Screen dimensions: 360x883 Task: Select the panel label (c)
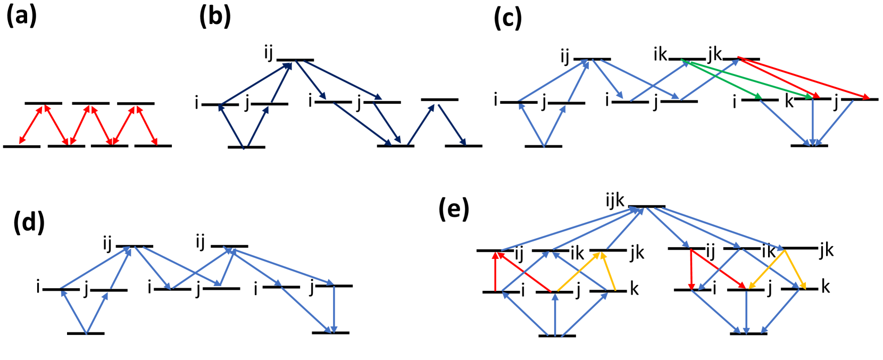[x=507, y=19]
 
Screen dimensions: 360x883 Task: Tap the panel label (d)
[x=29, y=222]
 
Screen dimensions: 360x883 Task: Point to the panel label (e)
[x=453, y=209]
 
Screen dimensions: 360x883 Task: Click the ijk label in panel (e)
[x=615, y=200]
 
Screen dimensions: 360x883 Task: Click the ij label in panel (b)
[x=269, y=53]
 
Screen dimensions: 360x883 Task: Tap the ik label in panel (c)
[x=660, y=54]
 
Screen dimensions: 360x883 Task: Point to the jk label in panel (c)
[x=714, y=54]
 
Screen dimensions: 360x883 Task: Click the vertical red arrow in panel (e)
[x=496, y=271]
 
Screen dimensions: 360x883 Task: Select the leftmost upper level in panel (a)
[x=43, y=103]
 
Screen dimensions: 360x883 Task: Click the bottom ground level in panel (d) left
[x=86, y=333]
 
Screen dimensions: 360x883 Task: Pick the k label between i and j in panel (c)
[x=789, y=101]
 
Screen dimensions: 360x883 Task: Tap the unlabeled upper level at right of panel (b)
[x=439, y=99]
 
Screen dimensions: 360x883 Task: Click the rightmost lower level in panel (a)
[x=153, y=145]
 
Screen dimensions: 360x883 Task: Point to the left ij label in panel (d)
[x=108, y=244]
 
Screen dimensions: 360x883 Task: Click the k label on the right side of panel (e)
[x=825, y=287]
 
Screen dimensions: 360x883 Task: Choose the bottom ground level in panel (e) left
[x=557, y=336]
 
